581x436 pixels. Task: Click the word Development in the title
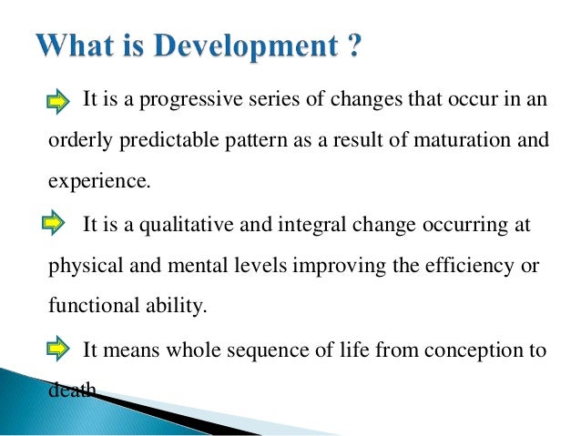pos(246,46)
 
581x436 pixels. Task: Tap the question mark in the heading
pos(354,45)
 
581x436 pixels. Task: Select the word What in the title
pos(75,46)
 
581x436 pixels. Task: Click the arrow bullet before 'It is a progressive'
pos(57,101)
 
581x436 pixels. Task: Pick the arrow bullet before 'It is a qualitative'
pos(54,222)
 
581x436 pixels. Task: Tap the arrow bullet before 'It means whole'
pos(57,348)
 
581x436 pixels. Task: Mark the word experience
pos(99,181)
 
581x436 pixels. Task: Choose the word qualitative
pos(187,225)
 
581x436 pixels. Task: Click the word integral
pos(311,225)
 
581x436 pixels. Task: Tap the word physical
pos(86,266)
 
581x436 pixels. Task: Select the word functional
pos(94,305)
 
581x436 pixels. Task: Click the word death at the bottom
pos(72,389)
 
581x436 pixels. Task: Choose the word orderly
pos(80,140)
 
